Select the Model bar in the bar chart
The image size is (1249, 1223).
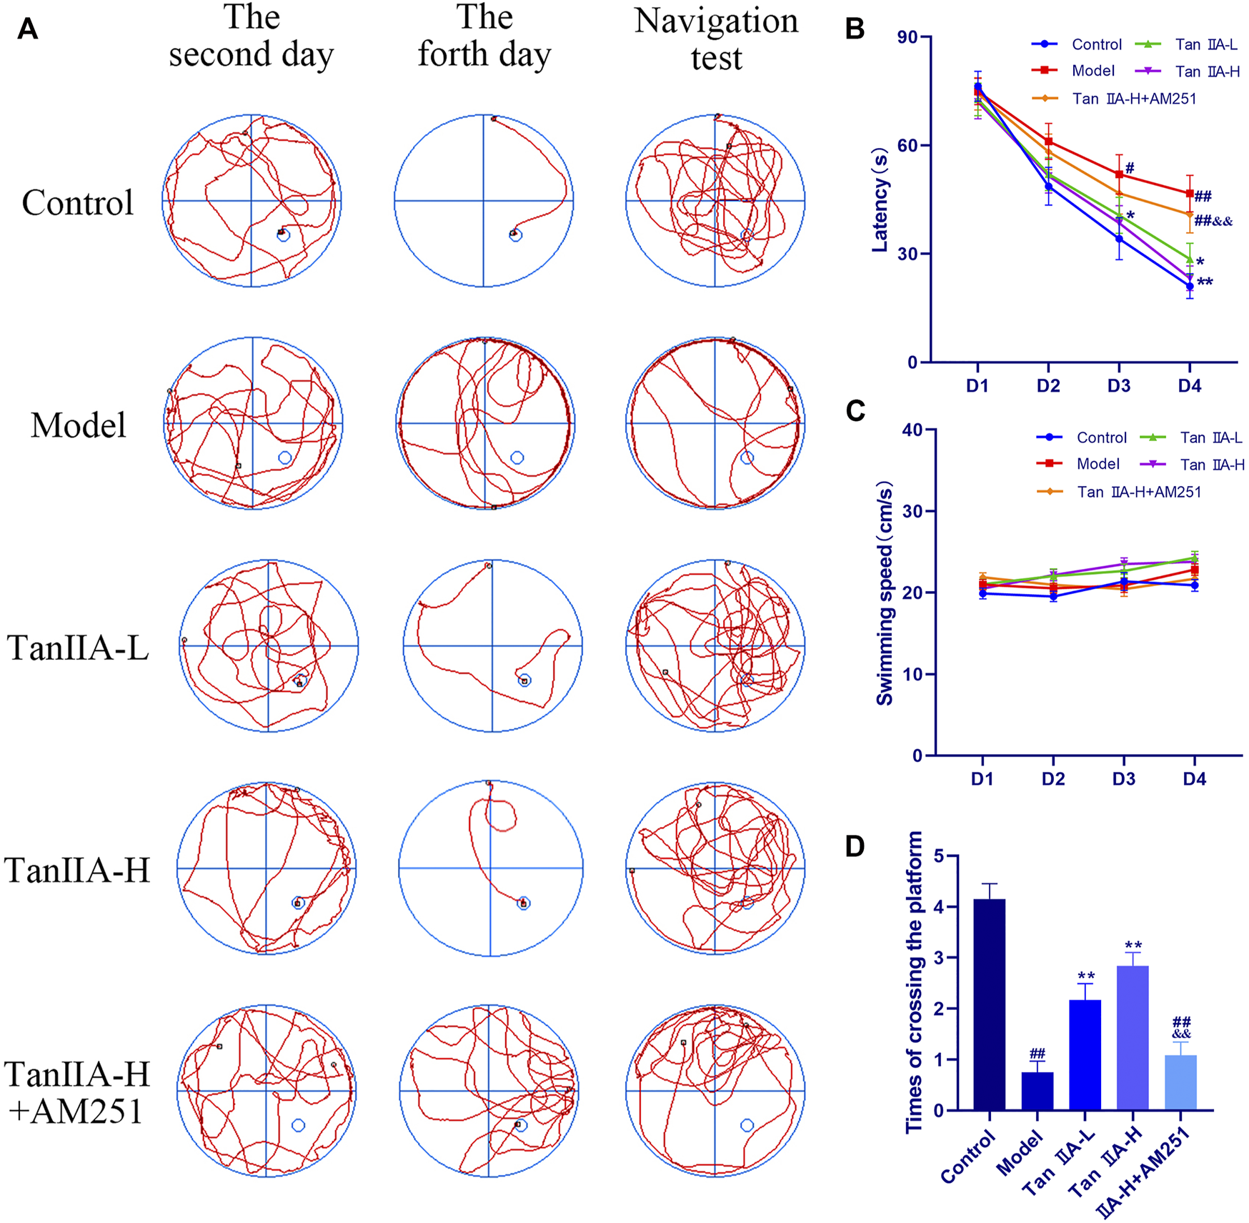pyautogui.click(x=1037, y=1091)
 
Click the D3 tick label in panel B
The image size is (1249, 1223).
pyautogui.click(x=1119, y=386)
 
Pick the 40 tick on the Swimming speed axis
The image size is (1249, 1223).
pyautogui.click(x=912, y=430)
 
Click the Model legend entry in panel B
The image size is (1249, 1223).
pyautogui.click(x=1093, y=71)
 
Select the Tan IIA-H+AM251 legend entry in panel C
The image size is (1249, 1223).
pyautogui.click(x=1139, y=492)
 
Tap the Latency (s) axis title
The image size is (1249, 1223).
pyautogui.click(x=880, y=200)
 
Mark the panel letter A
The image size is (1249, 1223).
pyautogui.click(x=28, y=29)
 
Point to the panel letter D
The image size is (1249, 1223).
pyautogui.click(x=855, y=847)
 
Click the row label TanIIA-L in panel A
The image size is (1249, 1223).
pyautogui.click(x=78, y=648)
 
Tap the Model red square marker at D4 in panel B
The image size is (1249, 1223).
pyautogui.click(x=1190, y=194)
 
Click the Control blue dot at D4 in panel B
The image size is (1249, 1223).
pyautogui.click(x=1190, y=287)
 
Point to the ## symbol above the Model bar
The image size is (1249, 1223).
pyautogui.click(x=1037, y=1054)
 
